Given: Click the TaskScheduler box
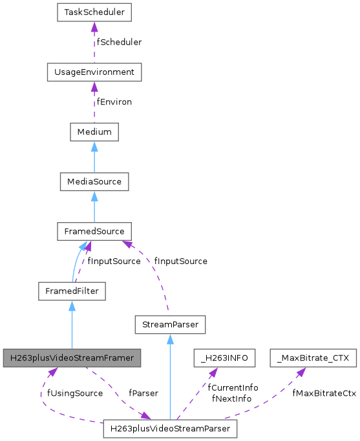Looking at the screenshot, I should [94, 12].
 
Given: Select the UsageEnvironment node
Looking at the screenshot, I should [94, 72].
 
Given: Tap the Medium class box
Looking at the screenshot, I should [94, 132].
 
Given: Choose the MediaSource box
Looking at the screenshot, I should [94, 181].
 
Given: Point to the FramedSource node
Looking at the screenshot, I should [94, 231].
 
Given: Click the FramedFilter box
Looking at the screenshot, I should [71, 291].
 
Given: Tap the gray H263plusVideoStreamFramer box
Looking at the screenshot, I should [71, 357].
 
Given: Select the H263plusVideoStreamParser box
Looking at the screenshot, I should [169, 428].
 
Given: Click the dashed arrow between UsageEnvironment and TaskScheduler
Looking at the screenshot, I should [94, 42].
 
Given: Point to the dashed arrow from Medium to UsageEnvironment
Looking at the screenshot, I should [94, 102].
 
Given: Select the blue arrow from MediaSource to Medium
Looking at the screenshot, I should [94, 157].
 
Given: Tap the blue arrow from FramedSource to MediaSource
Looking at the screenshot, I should [94, 206].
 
